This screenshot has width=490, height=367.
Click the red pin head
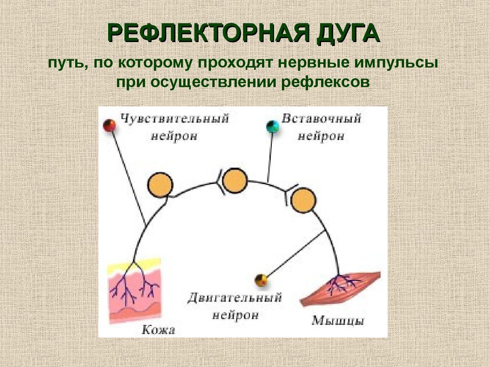click(110, 126)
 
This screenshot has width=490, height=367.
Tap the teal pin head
click(273, 127)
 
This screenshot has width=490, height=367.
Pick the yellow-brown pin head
click(261, 280)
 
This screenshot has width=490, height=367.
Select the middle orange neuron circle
click(235, 181)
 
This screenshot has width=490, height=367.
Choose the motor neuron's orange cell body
click(303, 200)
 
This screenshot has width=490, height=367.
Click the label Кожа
click(158, 329)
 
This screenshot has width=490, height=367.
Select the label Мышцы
click(338, 320)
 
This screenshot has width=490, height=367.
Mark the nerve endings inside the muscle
click(343, 284)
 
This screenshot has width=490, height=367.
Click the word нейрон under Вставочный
click(321, 136)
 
